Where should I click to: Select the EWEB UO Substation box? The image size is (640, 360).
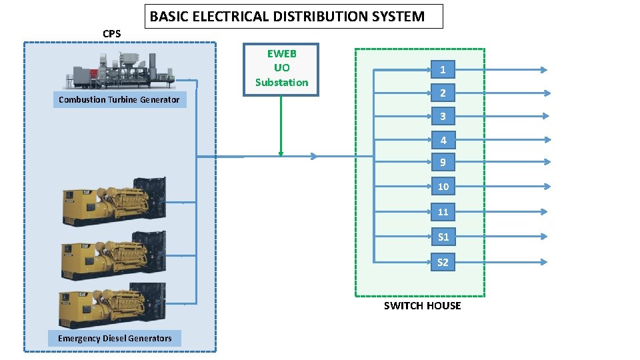pyautogui.click(x=281, y=69)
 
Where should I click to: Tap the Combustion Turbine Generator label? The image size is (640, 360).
pyautogui.click(x=119, y=100)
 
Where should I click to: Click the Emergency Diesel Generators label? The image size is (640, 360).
pyautogui.click(x=114, y=339)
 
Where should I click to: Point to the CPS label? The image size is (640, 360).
pyautogui.click(x=112, y=34)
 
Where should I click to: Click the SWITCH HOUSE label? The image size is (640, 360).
pyautogui.click(x=422, y=306)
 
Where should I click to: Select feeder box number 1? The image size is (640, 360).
pyautogui.click(x=443, y=69)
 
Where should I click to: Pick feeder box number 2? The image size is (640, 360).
pyautogui.click(x=443, y=92)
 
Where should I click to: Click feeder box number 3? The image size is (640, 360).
pyautogui.click(x=443, y=116)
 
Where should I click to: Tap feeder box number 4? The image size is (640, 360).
pyautogui.click(x=443, y=140)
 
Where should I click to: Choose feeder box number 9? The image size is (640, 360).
pyautogui.click(x=443, y=162)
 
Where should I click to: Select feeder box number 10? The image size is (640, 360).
pyautogui.click(x=443, y=186)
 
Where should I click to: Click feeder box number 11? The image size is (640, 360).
pyautogui.click(x=443, y=212)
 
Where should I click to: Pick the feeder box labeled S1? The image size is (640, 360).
pyautogui.click(x=443, y=237)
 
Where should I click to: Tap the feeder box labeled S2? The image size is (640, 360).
pyautogui.click(x=443, y=262)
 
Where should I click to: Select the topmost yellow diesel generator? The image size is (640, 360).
pyautogui.click(x=113, y=201)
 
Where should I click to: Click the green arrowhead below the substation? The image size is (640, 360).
pyautogui.click(x=281, y=153)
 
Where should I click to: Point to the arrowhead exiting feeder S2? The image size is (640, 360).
pyautogui.click(x=544, y=262)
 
